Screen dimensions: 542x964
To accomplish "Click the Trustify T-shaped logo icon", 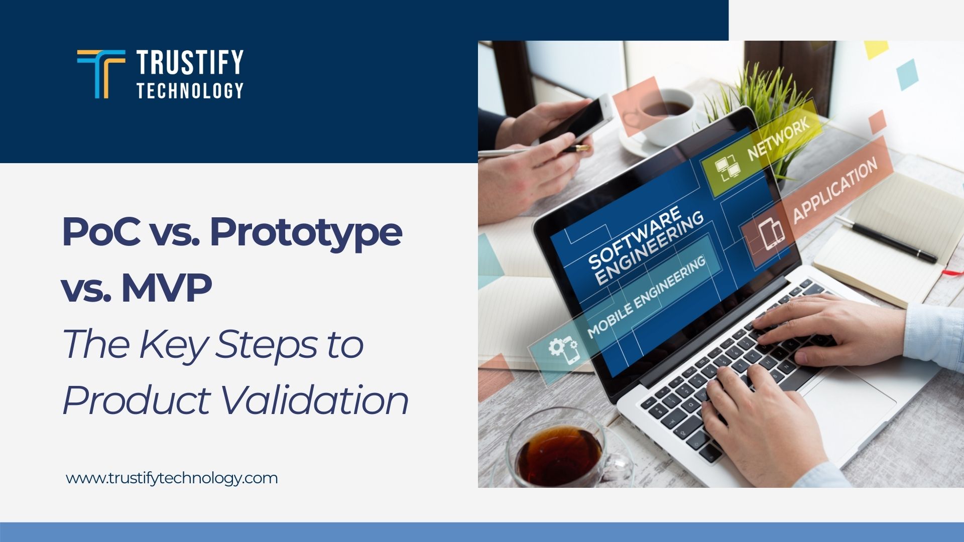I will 101,73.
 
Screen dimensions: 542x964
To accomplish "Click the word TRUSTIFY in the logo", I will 190,62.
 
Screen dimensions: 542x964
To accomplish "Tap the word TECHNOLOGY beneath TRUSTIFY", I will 190,91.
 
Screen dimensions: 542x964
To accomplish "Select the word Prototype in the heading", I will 306,232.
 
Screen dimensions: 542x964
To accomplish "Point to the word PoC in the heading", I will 100,232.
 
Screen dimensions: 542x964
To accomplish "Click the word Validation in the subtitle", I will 314,400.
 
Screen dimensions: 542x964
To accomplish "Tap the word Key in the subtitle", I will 173,344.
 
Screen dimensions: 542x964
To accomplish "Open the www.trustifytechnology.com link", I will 172,478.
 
